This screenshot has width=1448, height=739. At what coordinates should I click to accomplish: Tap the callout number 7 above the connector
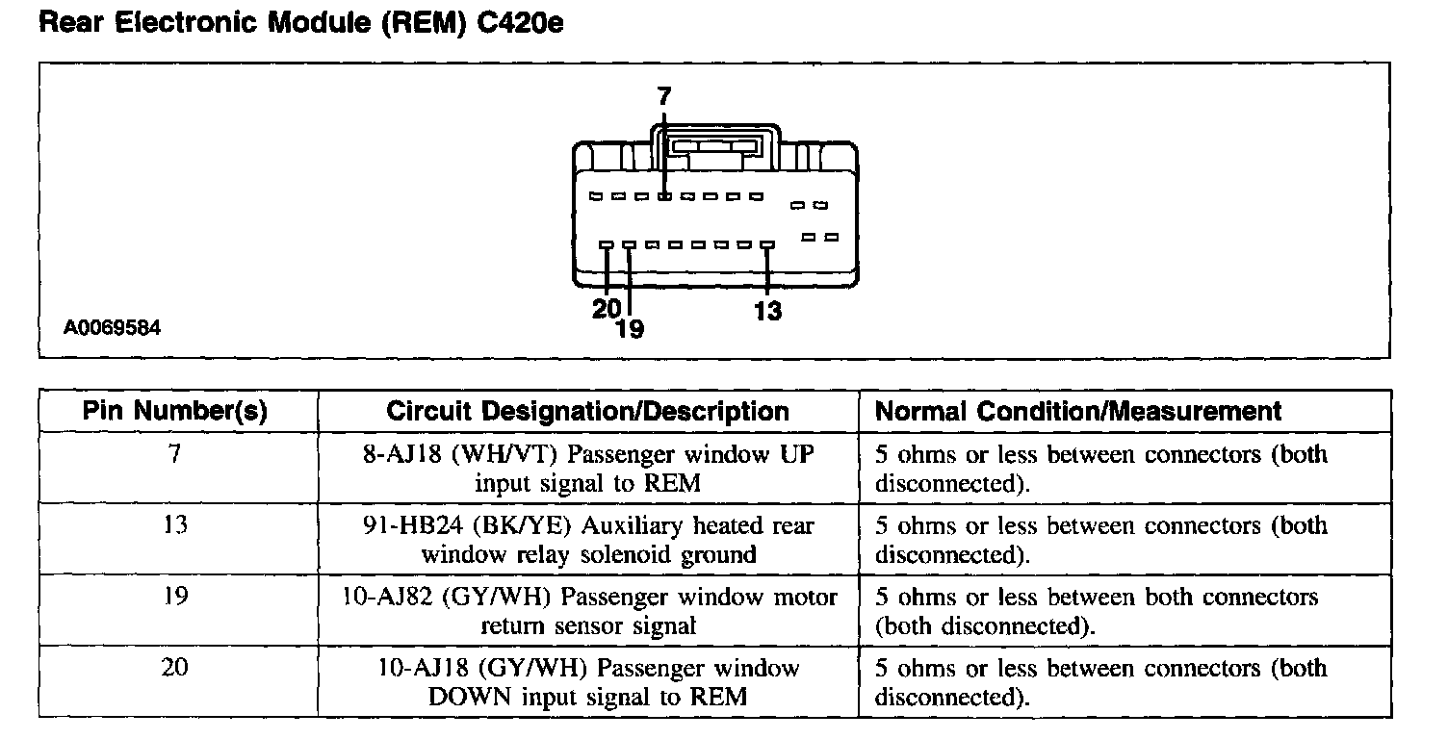click(664, 95)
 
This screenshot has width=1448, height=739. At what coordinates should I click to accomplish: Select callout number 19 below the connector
click(629, 329)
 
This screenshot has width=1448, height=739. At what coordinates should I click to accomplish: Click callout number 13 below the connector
click(768, 310)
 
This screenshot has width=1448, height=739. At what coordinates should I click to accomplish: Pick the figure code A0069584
click(113, 328)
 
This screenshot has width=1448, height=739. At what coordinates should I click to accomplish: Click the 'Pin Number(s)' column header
click(174, 412)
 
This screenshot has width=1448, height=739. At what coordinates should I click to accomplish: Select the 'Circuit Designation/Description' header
click(587, 412)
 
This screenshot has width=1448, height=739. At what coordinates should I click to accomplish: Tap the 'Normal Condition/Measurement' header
click(1078, 412)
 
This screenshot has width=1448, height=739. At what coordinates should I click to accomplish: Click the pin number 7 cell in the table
click(174, 454)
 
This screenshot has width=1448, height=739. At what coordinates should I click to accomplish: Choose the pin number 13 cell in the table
click(174, 526)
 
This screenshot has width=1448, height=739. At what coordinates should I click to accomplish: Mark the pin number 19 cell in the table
click(174, 598)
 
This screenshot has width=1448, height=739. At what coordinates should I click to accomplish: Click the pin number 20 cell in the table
click(174, 669)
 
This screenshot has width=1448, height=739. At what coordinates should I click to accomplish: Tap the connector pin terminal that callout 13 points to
click(767, 245)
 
